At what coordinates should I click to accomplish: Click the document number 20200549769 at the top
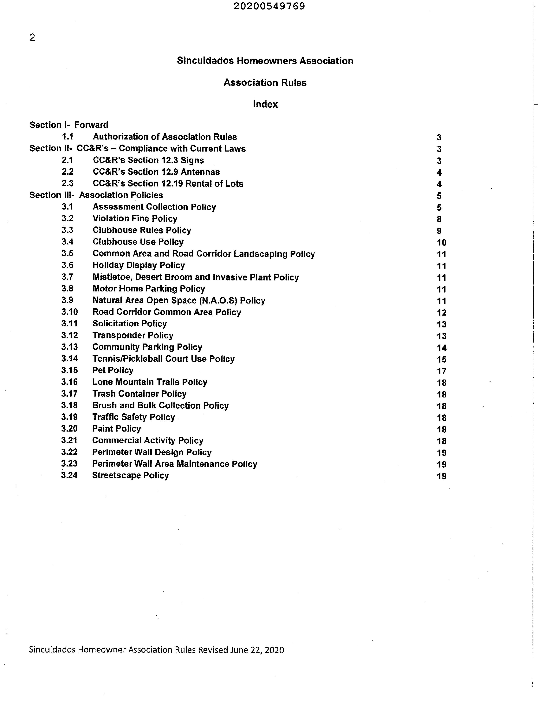269,6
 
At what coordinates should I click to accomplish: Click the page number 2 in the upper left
32,37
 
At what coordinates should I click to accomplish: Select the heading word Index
265,104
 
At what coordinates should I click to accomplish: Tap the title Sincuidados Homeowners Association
265,61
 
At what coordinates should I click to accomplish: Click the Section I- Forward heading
69,125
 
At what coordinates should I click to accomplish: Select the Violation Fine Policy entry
135,219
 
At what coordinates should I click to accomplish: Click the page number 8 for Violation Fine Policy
439,219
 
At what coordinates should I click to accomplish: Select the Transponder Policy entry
133,335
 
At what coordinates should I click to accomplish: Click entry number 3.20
69,429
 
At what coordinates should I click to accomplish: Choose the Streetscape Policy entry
130,475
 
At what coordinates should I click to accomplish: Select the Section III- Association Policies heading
96,195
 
